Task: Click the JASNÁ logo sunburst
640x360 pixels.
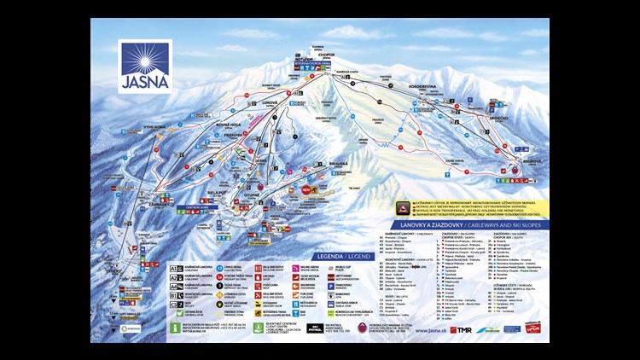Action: pyautogui.click(x=144, y=57)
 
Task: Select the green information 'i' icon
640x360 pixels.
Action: pyautogui.click(x=177, y=325)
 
